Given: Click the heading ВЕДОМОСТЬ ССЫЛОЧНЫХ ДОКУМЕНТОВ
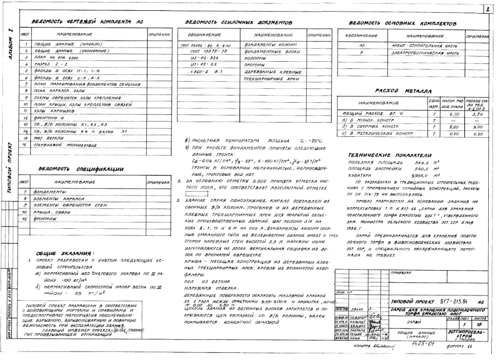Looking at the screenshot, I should click(239, 23).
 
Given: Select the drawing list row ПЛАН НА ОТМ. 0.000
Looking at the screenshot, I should click(57, 59).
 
